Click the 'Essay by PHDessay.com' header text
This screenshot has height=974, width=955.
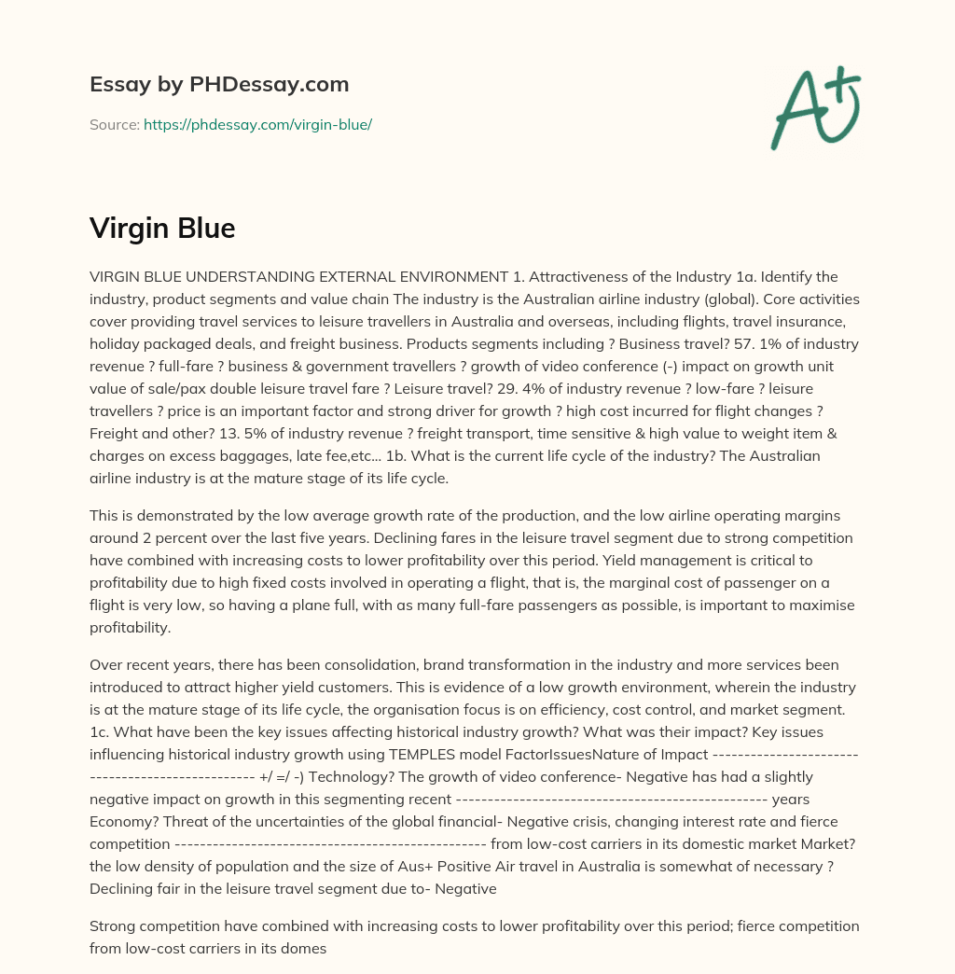coord(219,85)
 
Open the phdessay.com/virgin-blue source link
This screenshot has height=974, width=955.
coord(257,124)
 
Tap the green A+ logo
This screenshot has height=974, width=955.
coord(814,107)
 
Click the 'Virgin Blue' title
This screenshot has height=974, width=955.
coord(162,228)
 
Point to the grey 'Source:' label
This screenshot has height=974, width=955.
coord(115,124)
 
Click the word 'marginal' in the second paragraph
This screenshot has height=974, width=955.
coord(656,583)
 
